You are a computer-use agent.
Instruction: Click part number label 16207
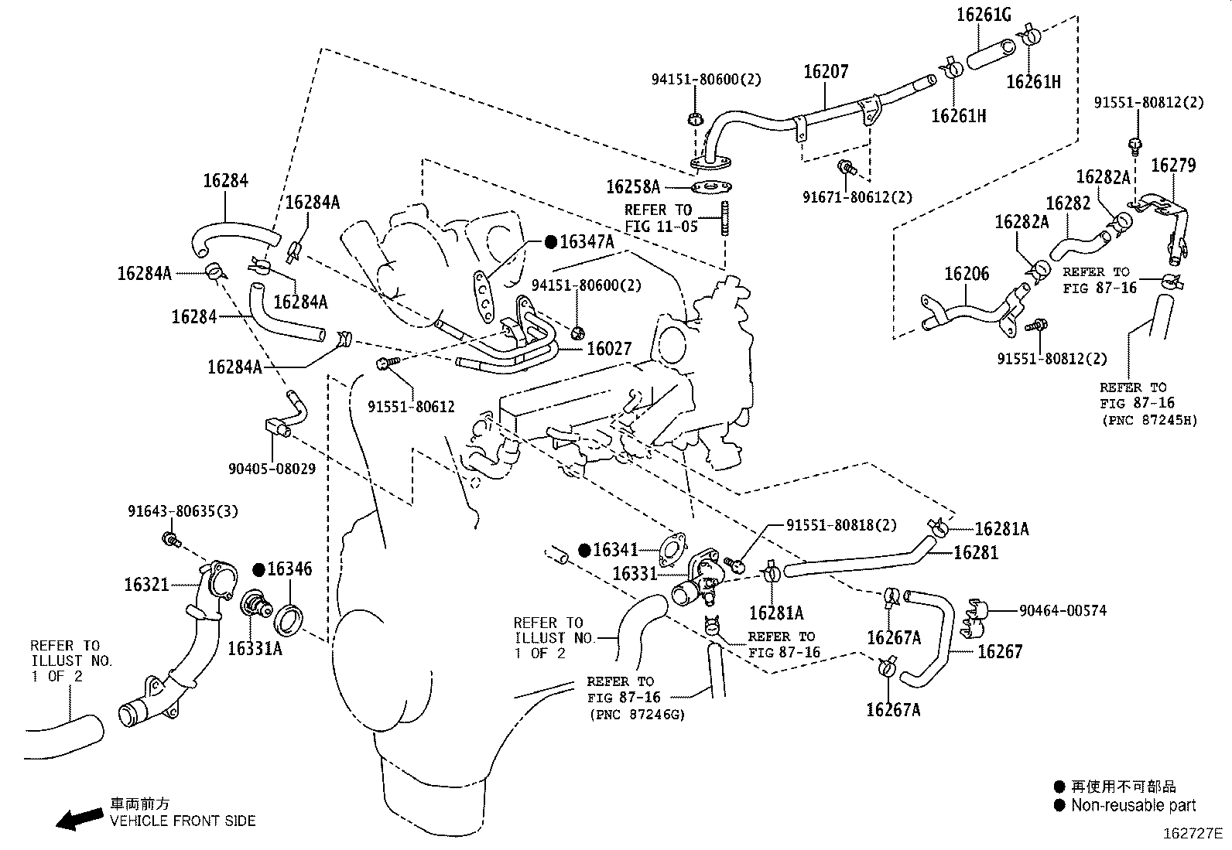click(826, 72)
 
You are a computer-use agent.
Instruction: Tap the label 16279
click(1172, 165)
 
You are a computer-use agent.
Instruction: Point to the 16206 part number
click(966, 274)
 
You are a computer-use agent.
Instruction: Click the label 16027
click(608, 349)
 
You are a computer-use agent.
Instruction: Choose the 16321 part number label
click(146, 584)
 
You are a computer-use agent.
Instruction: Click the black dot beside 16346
click(259, 570)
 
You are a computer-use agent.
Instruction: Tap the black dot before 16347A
click(550, 242)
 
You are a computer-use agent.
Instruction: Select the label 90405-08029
click(272, 469)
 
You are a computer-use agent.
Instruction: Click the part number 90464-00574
click(1063, 610)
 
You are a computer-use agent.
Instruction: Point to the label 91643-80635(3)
click(183, 511)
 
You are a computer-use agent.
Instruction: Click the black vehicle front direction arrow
click(80, 818)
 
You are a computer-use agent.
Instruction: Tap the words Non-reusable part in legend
click(1133, 805)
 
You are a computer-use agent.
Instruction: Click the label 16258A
click(632, 186)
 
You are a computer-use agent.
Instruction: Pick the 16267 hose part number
click(1000, 651)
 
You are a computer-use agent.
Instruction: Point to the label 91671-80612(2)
click(857, 197)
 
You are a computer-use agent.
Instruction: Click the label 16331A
click(255, 648)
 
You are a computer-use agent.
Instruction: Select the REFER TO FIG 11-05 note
click(661, 217)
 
